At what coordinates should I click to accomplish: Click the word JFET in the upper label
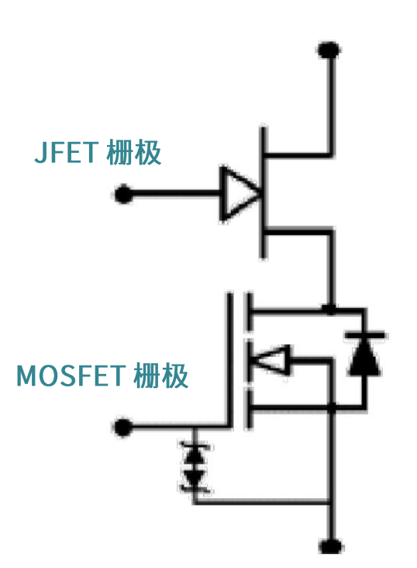[65, 152]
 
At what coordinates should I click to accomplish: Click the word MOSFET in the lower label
[71, 377]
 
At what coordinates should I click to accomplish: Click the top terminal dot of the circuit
[330, 50]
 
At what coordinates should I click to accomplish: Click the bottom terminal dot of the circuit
[331, 545]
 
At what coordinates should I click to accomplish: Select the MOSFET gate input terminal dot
[122, 427]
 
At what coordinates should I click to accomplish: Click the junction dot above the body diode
[331, 309]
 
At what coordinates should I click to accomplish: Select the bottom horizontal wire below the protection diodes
[264, 503]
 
